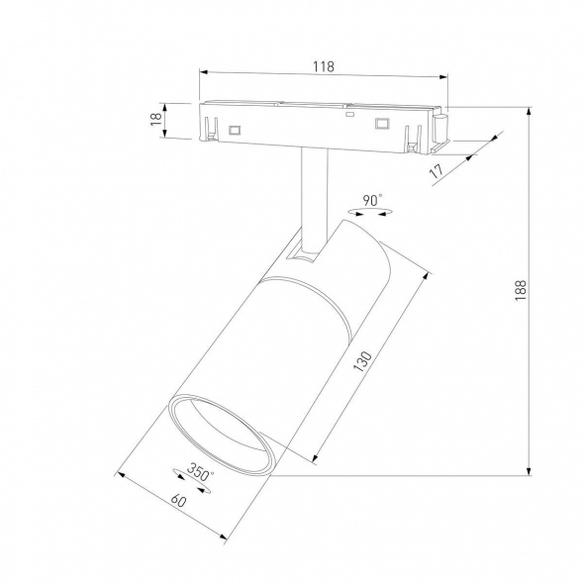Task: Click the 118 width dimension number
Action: coord(322,66)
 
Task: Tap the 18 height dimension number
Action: coord(155,119)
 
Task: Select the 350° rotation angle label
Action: coord(201,473)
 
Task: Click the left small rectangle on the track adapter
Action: coord(236,129)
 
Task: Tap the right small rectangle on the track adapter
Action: coord(380,124)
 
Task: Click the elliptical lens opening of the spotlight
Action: coord(219,437)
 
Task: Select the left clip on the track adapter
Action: coord(211,130)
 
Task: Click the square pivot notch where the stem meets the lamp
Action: coord(300,255)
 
